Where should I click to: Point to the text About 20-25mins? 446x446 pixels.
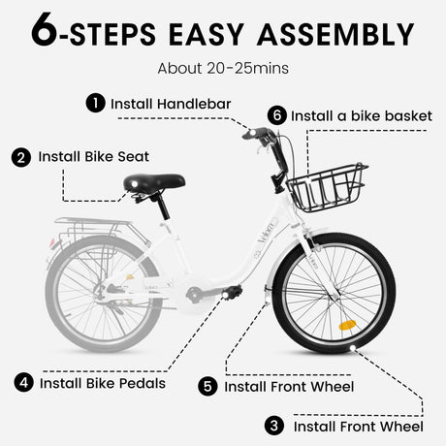tap(222, 69)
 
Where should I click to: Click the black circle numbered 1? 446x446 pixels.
tap(95, 102)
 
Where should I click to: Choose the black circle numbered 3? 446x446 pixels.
tap(276, 425)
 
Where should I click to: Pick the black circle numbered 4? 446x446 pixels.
tap(23, 382)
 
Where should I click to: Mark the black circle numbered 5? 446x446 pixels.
tap(208, 386)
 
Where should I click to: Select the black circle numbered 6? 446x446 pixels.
tap(277, 115)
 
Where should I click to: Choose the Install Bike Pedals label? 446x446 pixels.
tap(103, 382)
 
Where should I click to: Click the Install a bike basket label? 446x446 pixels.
tap(361, 115)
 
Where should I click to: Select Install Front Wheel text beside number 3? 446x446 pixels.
tap(358, 425)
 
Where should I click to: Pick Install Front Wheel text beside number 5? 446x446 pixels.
tap(289, 386)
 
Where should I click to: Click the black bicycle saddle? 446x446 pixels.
tap(155, 182)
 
